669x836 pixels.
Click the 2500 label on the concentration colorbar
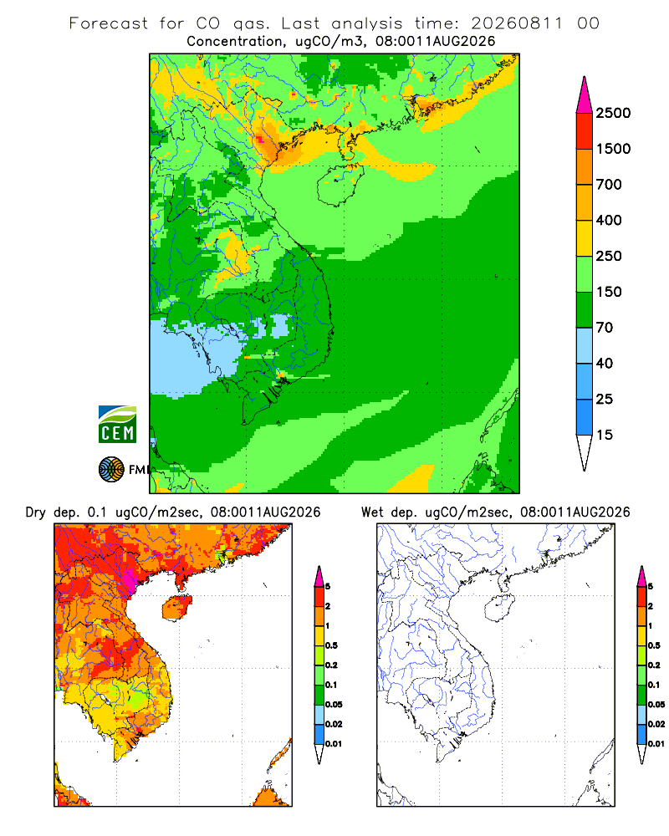click(x=613, y=113)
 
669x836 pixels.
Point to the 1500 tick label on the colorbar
click(x=613, y=149)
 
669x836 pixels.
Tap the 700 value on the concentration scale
click(x=609, y=185)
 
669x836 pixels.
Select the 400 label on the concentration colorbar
click(x=609, y=220)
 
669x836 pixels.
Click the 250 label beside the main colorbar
click(x=609, y=256)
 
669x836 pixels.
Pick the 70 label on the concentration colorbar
click(x=605, y=328)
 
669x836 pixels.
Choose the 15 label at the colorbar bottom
click(x=605, y=435)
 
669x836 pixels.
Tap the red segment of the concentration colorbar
click(x=585, y=131)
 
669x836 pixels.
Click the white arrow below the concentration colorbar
click(x=585, y=451)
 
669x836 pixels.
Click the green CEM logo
click(x=117, y=425)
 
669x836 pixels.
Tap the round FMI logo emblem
click(x=111, y=470)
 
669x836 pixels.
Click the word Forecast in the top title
click(x=109, y=23)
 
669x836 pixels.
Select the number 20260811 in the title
click(x=517, y=23)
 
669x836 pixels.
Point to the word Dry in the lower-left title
click(x=36, y=512)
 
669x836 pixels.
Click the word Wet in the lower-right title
click(x=372, y=512)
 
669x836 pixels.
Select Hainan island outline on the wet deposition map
click(x=500, y=609)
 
